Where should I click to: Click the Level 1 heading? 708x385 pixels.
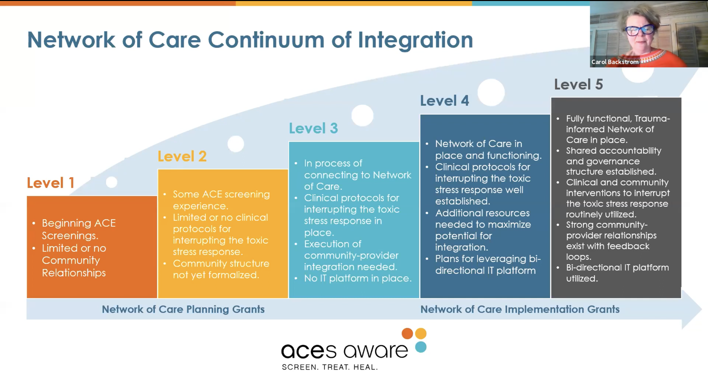[x=51, y=183]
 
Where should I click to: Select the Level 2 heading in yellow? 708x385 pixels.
[x=182, y=156]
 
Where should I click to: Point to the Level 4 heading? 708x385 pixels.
[x=444, y=101]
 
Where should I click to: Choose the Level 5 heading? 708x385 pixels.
[x=578, y=84]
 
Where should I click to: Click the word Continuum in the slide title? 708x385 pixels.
[x=266, y=40]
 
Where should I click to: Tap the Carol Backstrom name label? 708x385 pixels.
[x=615, y=62]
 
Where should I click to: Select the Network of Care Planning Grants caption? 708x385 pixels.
[x=183, y=309]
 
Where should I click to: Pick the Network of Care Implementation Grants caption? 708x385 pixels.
[x=520, y=309]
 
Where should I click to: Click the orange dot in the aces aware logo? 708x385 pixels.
[x=407, y=333]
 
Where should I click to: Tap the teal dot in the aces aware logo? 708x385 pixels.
[x=421, y=347]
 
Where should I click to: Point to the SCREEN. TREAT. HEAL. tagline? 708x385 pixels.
[x=330, y=367]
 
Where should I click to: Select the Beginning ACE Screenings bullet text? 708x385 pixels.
[x=79, y=229]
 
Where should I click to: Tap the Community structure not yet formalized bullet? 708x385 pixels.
[x=221, y=269]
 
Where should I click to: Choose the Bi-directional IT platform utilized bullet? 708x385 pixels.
[x=617, y=273]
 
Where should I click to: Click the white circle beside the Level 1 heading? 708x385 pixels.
[x=112, y=182]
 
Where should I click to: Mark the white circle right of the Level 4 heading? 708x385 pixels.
[x=491, y=92]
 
